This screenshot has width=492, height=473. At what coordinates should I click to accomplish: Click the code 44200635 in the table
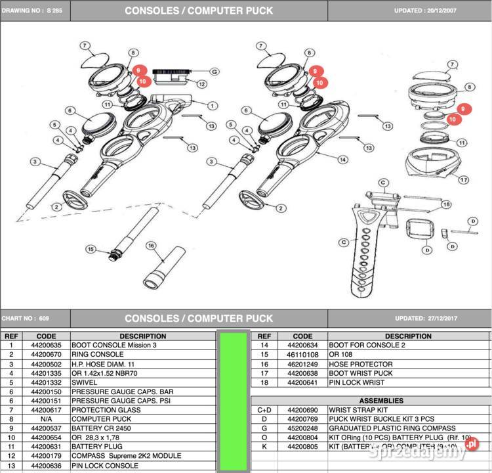pyautogui.click(x=46, y=345)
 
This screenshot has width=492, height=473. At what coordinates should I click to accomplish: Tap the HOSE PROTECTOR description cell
pyautogui.click(x=361, y=364)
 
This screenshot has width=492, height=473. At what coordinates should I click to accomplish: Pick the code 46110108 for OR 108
pyautogui.click(x=302, y=355)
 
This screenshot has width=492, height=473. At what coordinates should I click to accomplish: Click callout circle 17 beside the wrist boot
pyautogui.click(x=464, y=179)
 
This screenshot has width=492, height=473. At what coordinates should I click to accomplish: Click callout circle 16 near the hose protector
pyautogui.click(x=150, y=246)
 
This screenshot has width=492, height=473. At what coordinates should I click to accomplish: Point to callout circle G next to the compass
pyautogui.click(x=214, y=71)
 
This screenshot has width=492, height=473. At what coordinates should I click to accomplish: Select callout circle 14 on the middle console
pyautogui.click(x=342, y=160)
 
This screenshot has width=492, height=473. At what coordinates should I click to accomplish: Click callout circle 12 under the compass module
pyautogui.click(x=202, y=84)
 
